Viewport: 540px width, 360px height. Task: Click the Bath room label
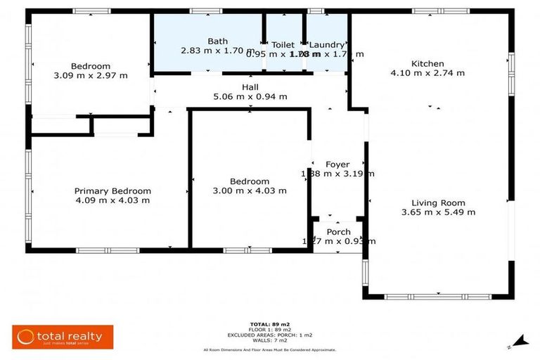218,41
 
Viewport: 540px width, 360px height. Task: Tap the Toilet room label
283,44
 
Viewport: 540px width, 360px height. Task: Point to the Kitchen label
427,63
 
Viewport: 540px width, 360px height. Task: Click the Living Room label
438,202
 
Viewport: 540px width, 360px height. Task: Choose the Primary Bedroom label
112,191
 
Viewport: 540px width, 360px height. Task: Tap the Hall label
250,86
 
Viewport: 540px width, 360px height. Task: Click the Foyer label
337,165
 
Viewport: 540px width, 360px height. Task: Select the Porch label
338,232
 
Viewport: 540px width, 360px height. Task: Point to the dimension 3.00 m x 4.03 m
250,191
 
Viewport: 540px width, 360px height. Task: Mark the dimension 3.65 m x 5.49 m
438,212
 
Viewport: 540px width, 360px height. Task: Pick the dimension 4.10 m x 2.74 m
427,72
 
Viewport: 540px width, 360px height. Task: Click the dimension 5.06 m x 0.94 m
250,96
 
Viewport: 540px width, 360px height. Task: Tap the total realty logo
63,336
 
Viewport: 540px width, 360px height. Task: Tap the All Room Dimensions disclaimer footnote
269,349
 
